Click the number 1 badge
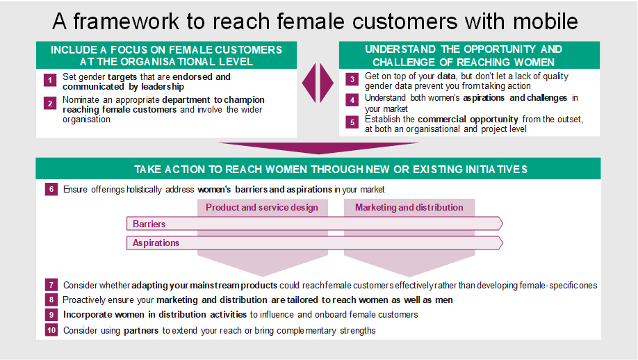point(50,80)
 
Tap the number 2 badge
point(50,104)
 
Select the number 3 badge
point(352,79)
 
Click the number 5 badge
point(352,122)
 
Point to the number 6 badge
point(51,189)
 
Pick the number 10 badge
point(51,330)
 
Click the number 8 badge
point(51,300)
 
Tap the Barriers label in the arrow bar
point(149,224)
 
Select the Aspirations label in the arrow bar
point(156,243)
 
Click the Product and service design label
point(261,208)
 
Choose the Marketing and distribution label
point(409,208)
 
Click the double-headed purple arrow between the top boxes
point(318,83)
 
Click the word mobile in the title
point(546,21)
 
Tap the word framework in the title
point(126,21)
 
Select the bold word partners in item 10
point(141,330)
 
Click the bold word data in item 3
point(446,76)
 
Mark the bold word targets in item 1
point(122,77)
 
